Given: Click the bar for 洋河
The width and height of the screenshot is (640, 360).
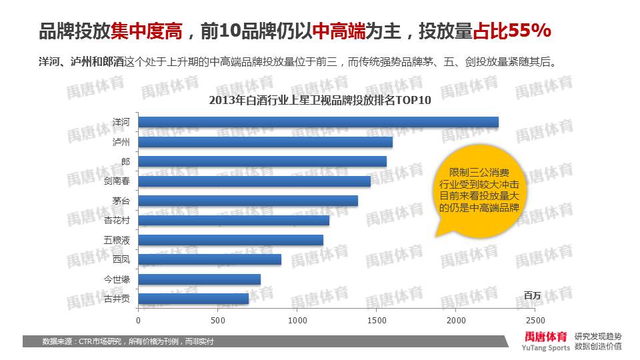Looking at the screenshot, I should (318, 122).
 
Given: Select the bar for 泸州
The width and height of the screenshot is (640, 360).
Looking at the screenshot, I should (265, 142).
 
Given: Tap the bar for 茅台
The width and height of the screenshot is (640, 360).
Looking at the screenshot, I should (248, 201).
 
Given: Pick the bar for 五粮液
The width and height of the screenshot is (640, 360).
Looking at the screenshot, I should (231, 240).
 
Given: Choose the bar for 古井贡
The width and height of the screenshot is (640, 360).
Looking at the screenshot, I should (193, 299).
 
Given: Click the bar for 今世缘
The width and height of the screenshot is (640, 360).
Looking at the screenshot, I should (199, 279).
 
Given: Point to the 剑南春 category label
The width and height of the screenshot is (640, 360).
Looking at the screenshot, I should (117, 181).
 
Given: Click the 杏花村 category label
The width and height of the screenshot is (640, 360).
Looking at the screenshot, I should (117, 220).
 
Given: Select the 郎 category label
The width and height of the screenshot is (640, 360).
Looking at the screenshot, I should (125, 161).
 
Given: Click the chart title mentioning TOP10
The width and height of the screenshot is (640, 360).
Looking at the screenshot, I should (320, 101).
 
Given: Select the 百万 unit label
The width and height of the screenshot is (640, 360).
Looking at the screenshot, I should (532, 295).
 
